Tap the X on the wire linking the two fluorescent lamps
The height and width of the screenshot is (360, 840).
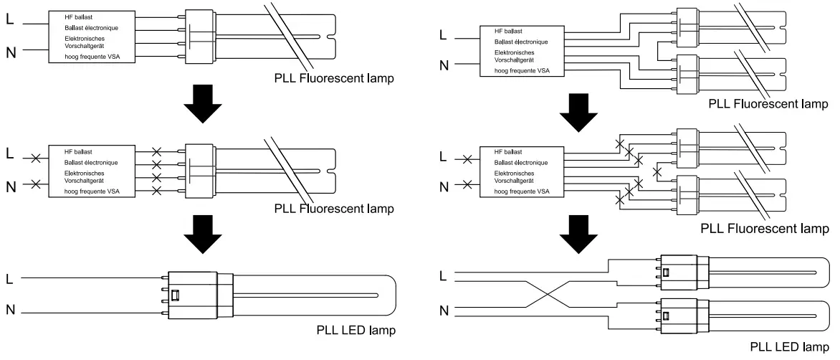[x=657, y=173]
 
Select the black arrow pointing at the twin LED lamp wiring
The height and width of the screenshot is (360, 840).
[x=578, y=236]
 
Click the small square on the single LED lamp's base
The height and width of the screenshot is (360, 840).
[x=175, y=295]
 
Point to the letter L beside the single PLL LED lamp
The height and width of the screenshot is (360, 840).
[x=9, y=278]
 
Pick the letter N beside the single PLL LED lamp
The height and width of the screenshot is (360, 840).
[x=10, y=310]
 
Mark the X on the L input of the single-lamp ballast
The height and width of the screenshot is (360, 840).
[x=35, y=158]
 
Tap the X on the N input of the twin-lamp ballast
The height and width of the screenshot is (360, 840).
[x=467, y=185]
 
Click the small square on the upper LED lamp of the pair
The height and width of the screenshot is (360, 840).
[x=667, y=272]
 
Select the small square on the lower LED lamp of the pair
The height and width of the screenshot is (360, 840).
[x=667, y=315]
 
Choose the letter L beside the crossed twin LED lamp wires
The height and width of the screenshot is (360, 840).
[x=442, y=276]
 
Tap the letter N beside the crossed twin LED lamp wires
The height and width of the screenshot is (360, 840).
[x=444, y=311]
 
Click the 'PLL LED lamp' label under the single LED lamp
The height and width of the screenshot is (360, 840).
[x=355, y=330]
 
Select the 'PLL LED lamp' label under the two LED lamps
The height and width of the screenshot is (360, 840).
[x=790, y=346]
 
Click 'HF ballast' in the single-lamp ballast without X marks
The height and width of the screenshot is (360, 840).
[x=78, y=17]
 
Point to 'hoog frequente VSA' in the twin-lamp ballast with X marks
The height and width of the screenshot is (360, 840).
[x=522, y=191]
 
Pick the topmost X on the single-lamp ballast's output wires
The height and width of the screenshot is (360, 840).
[x=157, y=151]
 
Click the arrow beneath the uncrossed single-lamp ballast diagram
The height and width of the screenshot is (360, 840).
[x=202, y=103]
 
